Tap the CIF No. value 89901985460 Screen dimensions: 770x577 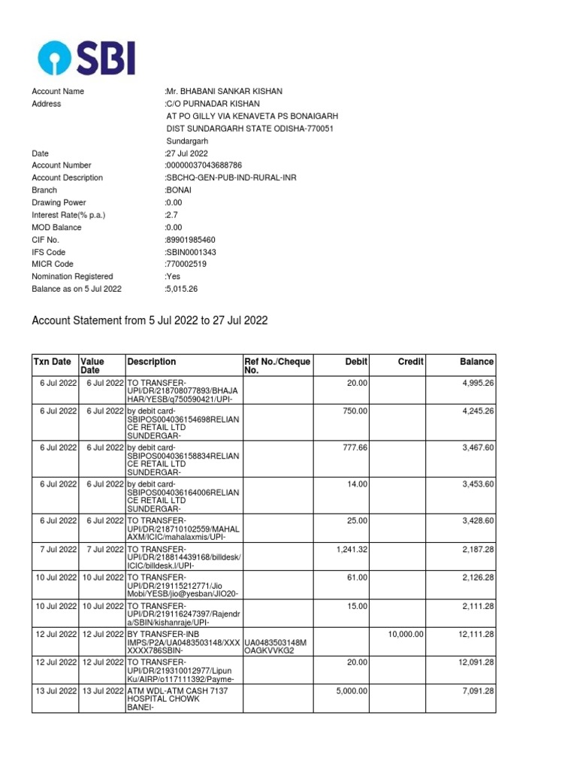click(191, 240)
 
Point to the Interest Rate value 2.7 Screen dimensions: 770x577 click(173, 215)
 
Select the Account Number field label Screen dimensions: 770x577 click(62, 165)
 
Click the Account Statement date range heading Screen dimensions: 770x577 click(150, 320)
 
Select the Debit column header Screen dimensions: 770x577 click(355, 362)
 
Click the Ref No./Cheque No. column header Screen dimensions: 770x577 click(277, 366)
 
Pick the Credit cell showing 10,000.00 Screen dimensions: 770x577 click(406, 635)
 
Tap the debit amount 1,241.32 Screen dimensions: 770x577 click(352, 550)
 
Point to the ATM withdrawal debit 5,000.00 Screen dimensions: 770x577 click(352, 691)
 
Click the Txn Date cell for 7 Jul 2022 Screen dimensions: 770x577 click(58, 550)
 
